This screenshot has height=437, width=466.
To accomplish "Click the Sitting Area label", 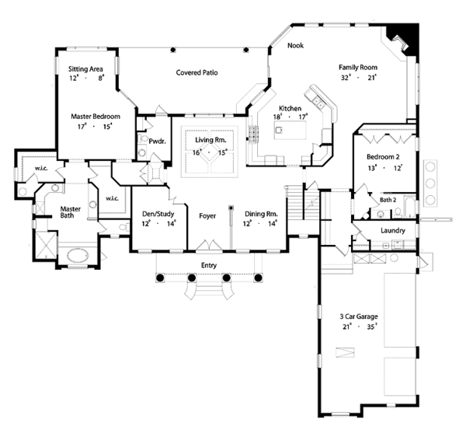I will point(85,68).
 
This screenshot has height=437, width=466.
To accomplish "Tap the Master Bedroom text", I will point(94,116).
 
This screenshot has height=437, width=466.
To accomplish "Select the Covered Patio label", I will point(196,72).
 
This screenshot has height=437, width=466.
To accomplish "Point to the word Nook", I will point(294,46).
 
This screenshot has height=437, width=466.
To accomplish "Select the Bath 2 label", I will point(388,201).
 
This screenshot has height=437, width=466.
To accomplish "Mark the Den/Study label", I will point(158,213).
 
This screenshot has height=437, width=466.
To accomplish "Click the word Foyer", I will point(207,214).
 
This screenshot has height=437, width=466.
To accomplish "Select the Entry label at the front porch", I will point(207,265).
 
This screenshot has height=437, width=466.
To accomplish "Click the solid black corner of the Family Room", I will point(407,37).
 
